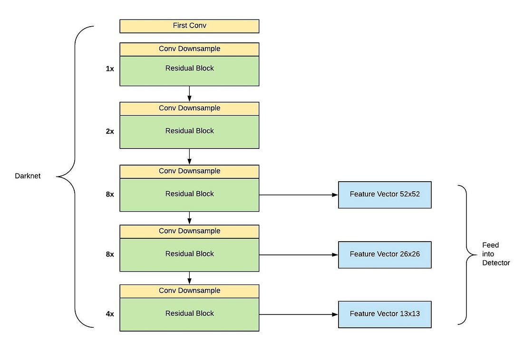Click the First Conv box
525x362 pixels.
[x=189, y=26]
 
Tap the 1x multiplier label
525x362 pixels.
[x=110, y=68]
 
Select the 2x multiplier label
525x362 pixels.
[x=110, y=131]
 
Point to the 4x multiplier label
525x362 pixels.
[x=110, y=314]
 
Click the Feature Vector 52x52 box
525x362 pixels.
[x=384, y=195]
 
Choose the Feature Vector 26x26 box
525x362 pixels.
[x=384, y=254]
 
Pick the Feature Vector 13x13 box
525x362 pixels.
[x=384, y=314]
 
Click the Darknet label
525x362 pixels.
[x=28, y=176]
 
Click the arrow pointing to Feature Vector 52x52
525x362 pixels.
[x=298, y=195]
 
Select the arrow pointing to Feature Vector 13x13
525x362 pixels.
[x=298, y=314]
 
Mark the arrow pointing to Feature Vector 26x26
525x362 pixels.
[x=298, y=254]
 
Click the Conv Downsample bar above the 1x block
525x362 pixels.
[x=189, y=49]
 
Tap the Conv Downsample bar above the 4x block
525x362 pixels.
[x=189, y=291]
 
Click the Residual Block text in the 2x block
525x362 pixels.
[x=189, y=131]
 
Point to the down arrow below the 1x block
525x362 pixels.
[x=189, y=94]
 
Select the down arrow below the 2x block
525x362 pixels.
[x=189, y=157]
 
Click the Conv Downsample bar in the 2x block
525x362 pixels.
[x=189, y=108]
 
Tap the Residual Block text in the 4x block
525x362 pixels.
[x=189, y=313]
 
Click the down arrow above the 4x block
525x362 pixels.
[x=189, y=278]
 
